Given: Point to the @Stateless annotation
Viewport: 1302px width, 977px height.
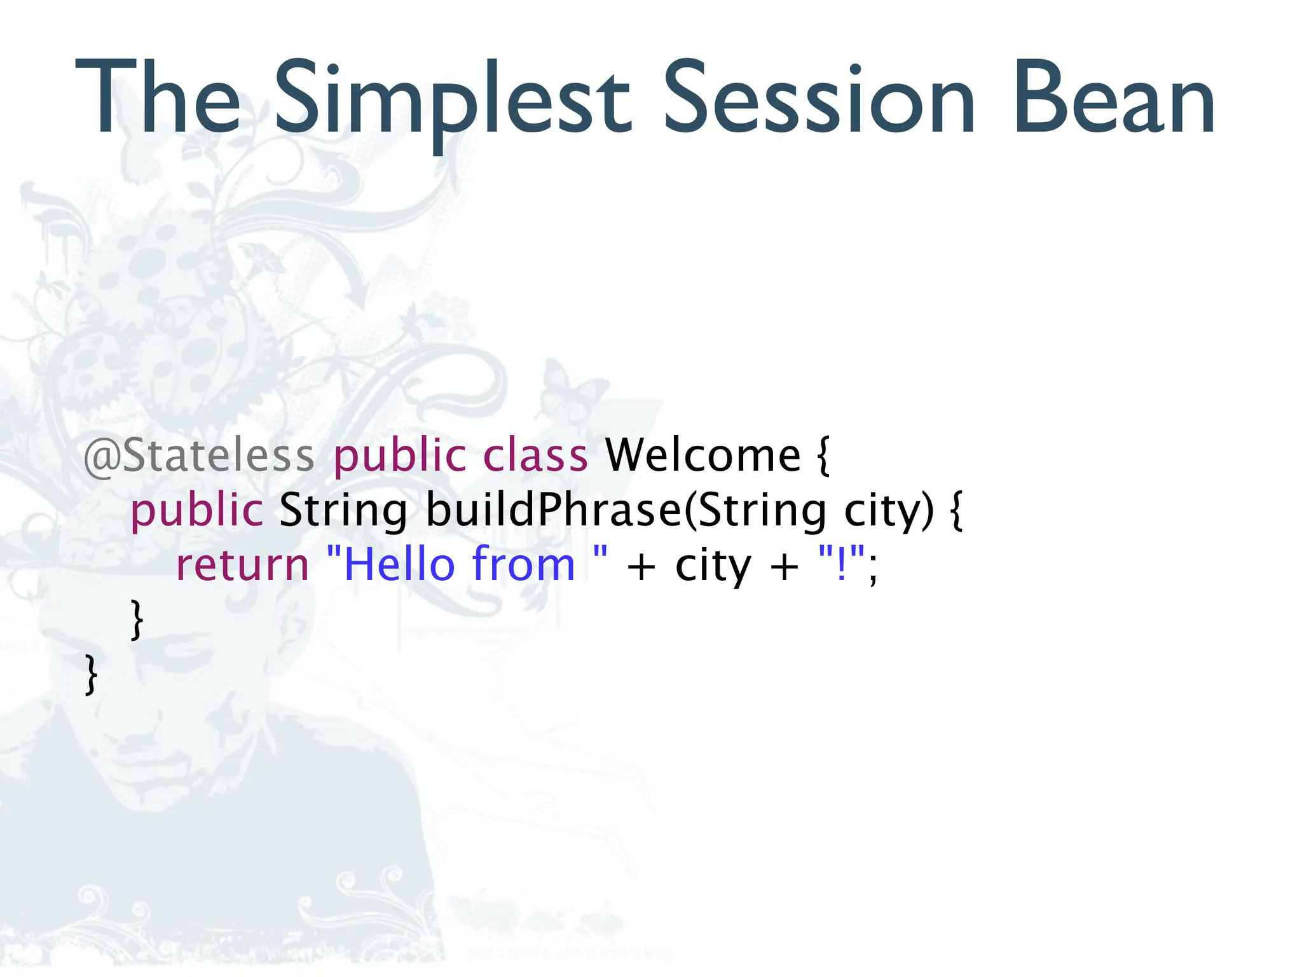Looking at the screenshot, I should [x=199, y=455].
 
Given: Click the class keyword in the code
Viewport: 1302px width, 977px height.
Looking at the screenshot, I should [x=535, y=455].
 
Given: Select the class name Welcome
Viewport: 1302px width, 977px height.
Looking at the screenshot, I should [x=702, y=455].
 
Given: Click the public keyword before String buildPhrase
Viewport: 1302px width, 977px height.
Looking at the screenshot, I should [x=196, y=511].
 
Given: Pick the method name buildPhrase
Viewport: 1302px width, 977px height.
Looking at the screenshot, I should [x=553, y=511].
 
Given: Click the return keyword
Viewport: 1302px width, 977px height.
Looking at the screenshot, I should [x=242, y=565].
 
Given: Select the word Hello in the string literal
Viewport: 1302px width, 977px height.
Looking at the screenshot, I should [x=400, y=564].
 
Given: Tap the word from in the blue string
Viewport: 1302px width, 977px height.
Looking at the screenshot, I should [x=523, y=564].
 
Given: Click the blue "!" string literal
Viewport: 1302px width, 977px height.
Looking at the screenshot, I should [x=842, y=563].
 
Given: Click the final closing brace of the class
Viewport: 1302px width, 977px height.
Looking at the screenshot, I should [x=92, y=675].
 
